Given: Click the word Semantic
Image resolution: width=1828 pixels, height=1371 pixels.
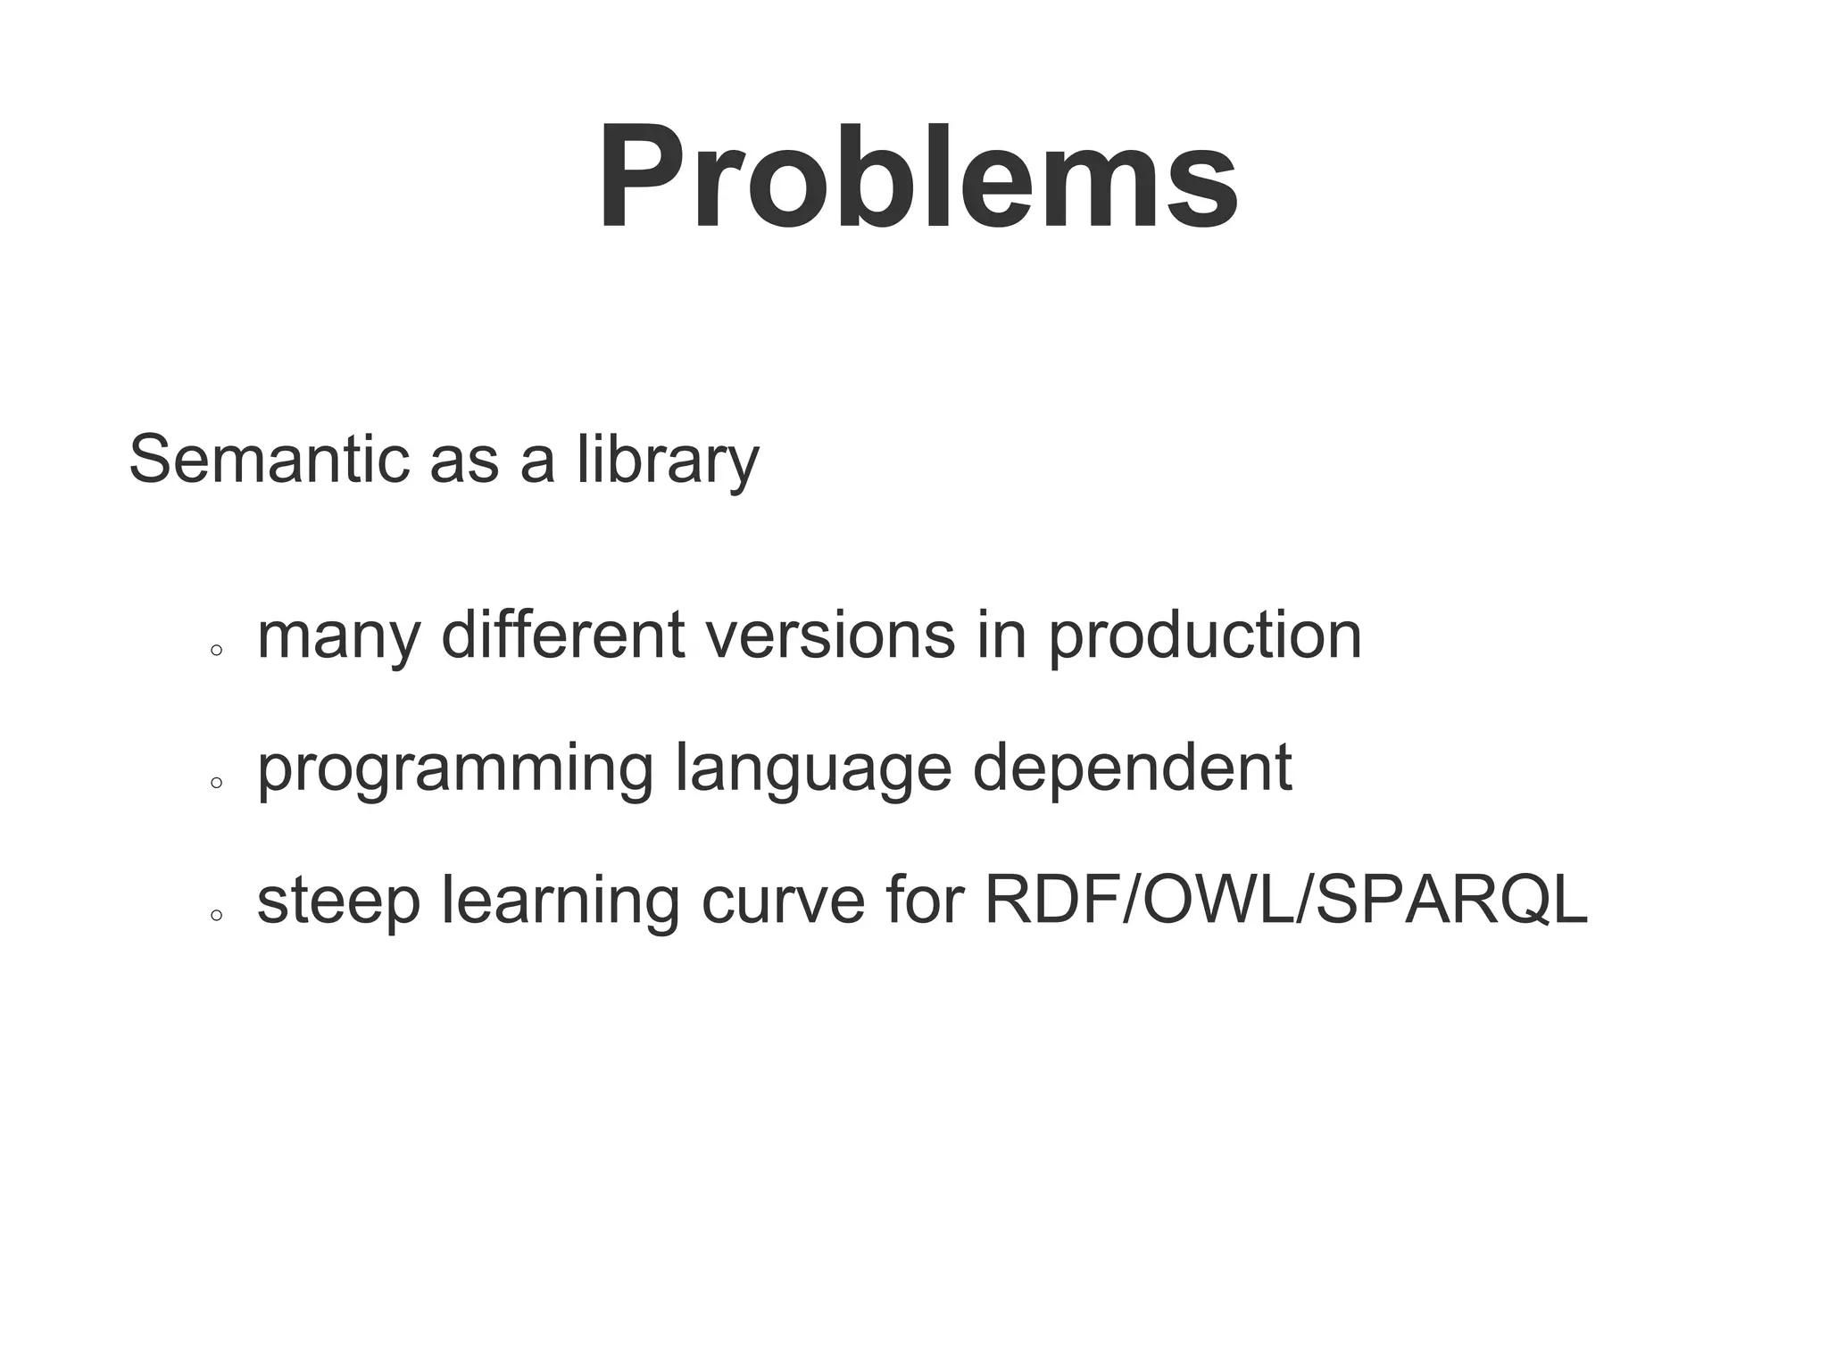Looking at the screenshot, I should (269, 459).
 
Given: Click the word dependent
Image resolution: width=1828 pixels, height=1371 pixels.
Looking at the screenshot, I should (1132, 768).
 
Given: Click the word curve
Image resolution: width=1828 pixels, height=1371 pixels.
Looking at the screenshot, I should (783, 902).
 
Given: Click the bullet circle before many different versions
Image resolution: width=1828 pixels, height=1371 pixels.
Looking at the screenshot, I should (216, 651).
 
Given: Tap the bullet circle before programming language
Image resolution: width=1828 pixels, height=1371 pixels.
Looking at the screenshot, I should (216, 783).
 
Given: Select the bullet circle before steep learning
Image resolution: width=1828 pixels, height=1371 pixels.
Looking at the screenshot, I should (216, 915).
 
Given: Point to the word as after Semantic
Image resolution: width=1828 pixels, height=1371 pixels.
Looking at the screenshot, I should (463, 461).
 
